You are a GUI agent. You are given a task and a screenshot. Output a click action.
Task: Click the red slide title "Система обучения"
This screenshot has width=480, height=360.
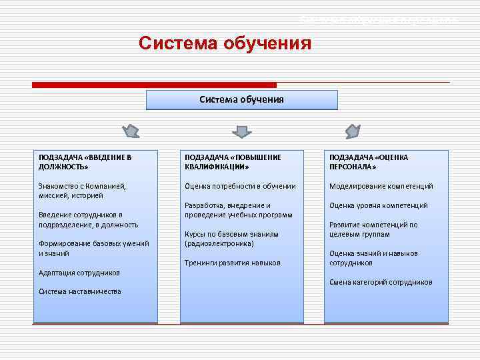tap(225, 44)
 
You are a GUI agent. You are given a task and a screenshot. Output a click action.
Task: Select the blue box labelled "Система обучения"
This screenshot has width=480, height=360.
tap(241, 100)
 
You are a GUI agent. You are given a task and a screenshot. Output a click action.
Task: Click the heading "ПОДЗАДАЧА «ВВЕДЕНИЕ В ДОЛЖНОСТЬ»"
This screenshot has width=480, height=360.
tap(85, 162)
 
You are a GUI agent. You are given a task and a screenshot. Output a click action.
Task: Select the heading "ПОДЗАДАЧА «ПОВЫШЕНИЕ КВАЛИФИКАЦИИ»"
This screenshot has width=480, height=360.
tap(233, 162)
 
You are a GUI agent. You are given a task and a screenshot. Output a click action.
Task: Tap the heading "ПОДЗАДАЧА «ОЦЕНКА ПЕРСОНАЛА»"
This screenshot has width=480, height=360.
tap(368, 162)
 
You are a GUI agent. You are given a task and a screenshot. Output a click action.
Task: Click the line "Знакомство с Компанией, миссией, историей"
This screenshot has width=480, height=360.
tap(82, 191)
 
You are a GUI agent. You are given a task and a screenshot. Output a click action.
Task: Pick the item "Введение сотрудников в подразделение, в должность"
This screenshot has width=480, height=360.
tap(88, 220)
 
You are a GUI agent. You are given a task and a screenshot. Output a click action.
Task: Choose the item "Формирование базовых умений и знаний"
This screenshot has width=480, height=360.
tap(93, 249)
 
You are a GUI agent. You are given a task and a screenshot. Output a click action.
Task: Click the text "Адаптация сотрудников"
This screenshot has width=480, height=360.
tap(79, 273)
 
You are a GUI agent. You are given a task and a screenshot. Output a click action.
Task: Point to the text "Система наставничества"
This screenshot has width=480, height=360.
tap(80, 291)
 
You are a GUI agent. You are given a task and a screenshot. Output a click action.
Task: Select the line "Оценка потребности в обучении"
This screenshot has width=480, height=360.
tap(240, 186)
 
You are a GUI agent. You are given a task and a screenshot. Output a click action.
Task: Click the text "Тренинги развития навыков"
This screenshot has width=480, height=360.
tap(232, 263)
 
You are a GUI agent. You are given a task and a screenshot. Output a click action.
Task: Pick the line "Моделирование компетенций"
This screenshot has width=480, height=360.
tap(381, 186)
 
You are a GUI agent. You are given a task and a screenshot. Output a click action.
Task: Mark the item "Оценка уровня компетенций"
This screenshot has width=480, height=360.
tap(378, 205)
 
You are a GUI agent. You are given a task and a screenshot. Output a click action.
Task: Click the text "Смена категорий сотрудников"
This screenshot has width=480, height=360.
tap(381, 282)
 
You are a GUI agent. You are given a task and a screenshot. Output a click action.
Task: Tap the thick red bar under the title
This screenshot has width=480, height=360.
tap(154, 85)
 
